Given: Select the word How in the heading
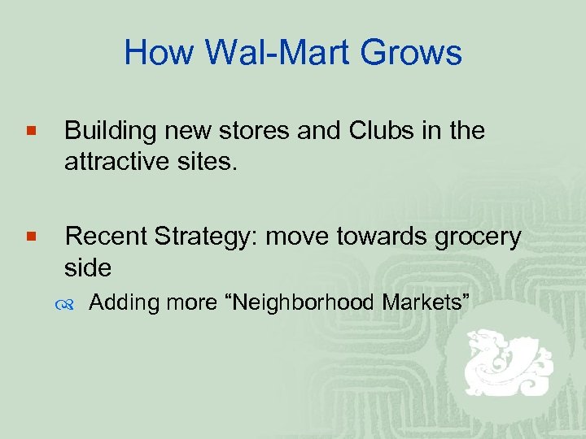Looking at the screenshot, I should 158,54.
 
